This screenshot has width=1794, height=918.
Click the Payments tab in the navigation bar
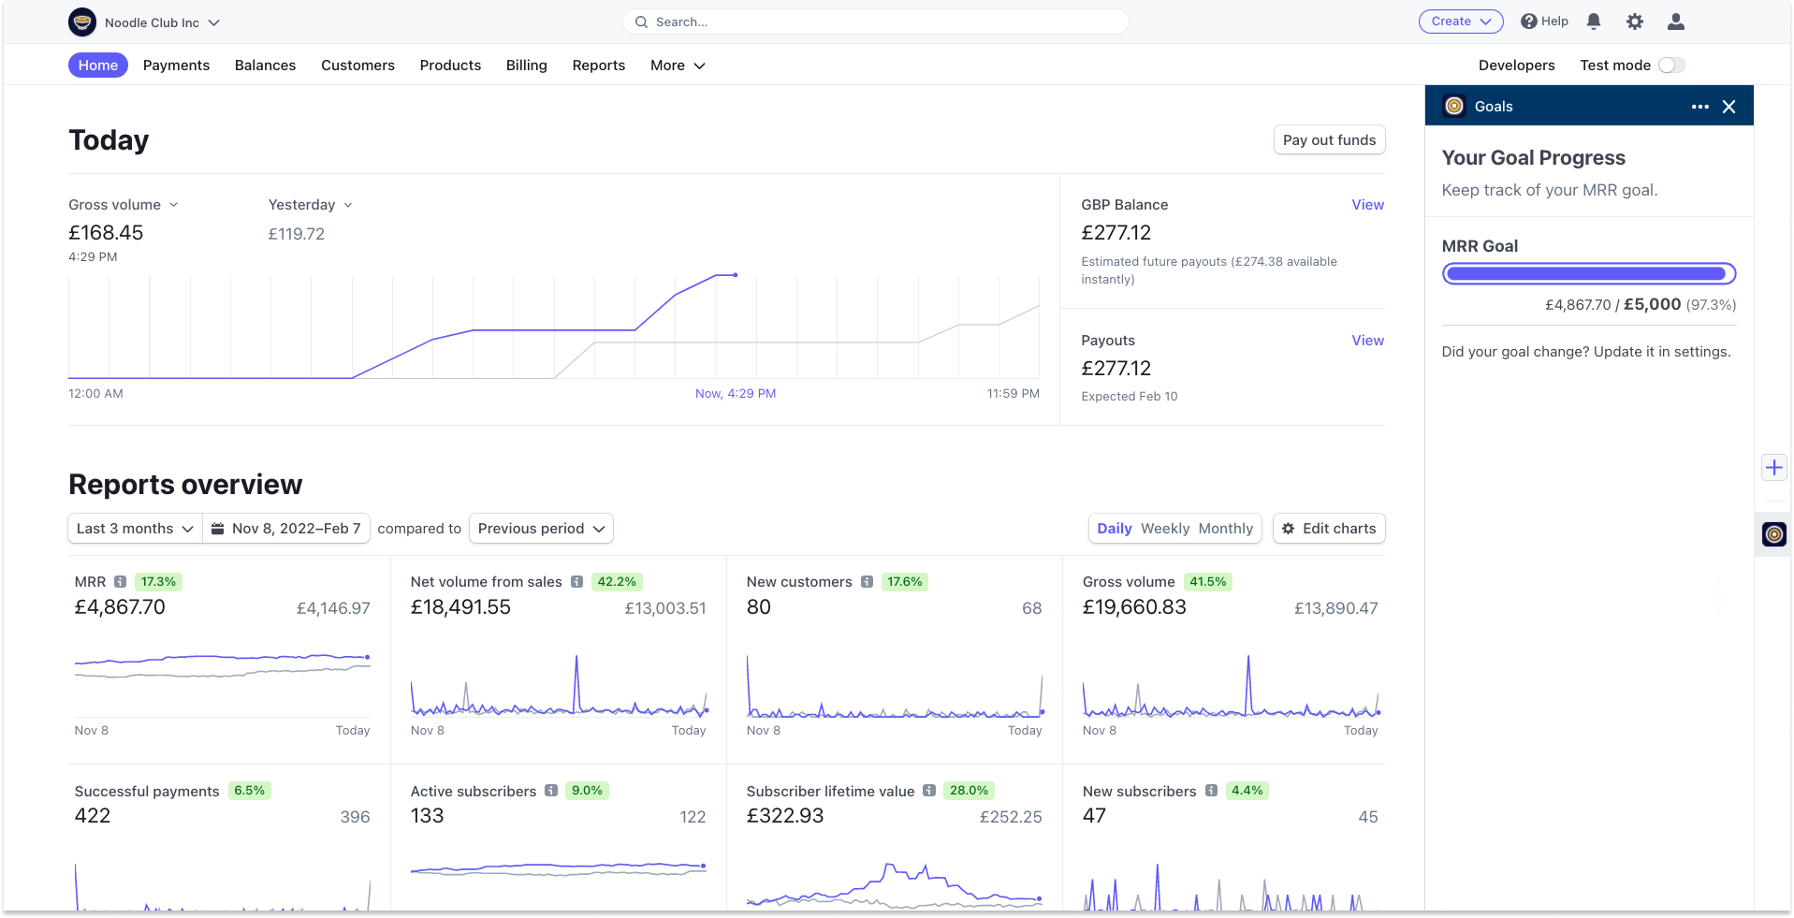click(176, 66)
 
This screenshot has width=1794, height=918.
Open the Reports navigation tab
click(598, 66)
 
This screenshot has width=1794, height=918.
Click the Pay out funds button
click(1329, 140)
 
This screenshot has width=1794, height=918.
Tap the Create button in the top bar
click(1460, 22)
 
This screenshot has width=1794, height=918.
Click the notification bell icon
click(1594, 22)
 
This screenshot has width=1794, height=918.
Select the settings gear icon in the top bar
click(1635, 22)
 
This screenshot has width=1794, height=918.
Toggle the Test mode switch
click(1670, 66)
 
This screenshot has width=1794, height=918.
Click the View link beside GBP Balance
click(1367, 205)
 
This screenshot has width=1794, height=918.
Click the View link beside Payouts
click(1367, 341)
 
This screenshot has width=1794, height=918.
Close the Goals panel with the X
click(1728, 107)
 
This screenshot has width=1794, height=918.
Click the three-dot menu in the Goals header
click(1700, 107)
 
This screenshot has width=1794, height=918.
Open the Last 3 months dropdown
click(135, 529)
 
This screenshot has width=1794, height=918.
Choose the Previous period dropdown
click(541, 529)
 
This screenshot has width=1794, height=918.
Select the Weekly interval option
click(1165, 529)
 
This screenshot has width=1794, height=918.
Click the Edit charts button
click(1329, 529)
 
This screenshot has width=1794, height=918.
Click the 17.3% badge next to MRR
click(158, 582)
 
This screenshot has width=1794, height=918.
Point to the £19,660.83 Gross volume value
click(1134, 607)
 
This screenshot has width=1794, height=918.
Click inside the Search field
click(875, 22)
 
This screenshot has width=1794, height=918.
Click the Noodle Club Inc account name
click(152, 22)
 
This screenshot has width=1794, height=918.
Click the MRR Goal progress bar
click(1588, 274)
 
